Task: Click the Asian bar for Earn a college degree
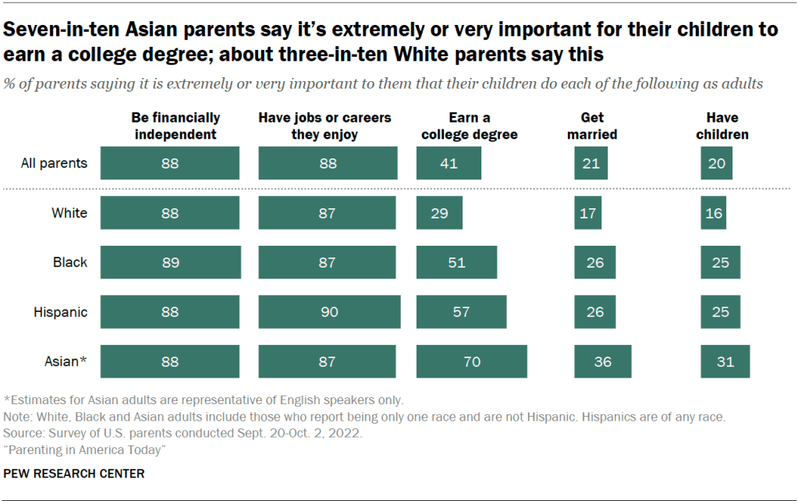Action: point(471,361)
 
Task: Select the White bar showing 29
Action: point(439,213)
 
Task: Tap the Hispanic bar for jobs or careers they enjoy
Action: point(329,312)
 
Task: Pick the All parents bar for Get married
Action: point(591,164)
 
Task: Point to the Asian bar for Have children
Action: point(725,361)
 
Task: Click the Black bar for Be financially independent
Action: point(170,262)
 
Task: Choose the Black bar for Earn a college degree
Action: point(456,262)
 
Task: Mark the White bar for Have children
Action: point(713,213)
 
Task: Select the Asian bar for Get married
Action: point(602,361)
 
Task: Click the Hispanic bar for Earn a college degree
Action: point(461,312)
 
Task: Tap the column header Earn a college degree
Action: point(470,126)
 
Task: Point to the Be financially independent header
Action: point(177,126)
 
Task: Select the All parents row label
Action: point(55,164)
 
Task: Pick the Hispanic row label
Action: point(60,312)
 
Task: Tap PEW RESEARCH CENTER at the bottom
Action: point(74,474)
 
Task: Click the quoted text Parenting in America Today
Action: point(86,450)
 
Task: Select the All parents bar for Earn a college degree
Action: point(449,164)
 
